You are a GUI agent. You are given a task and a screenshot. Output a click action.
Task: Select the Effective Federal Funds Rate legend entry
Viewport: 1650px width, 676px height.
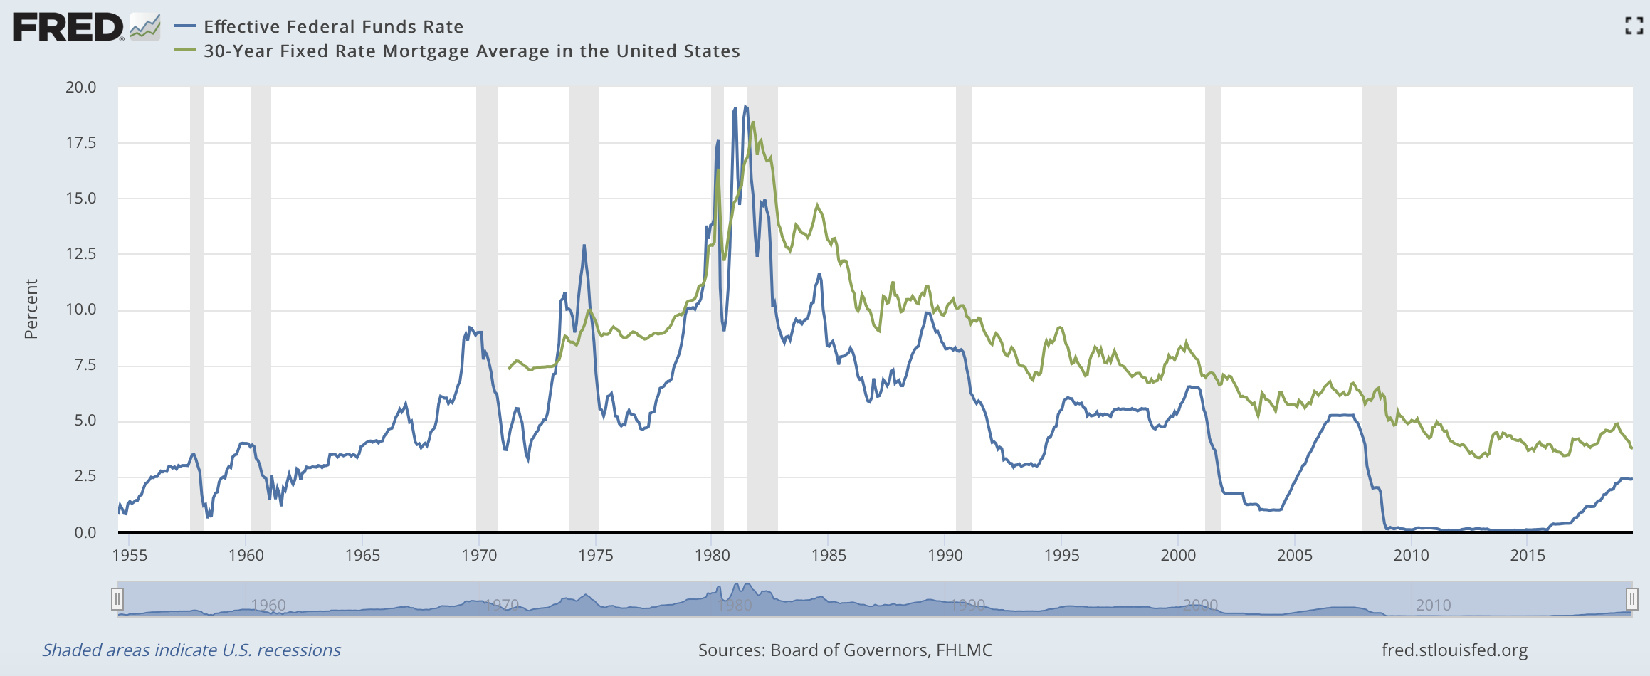[333, 27]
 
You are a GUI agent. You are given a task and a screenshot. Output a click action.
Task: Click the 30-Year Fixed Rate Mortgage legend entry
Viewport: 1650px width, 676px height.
[471, 51]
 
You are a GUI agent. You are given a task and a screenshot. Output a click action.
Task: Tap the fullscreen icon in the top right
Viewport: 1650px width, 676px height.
[1634, 26]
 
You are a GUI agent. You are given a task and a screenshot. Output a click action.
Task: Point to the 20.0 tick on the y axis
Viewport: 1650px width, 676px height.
[80, 88]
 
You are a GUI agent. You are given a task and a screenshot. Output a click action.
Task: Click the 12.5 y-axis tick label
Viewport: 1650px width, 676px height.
[80, 254]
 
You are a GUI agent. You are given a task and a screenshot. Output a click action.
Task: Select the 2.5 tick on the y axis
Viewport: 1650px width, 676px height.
[85, 476]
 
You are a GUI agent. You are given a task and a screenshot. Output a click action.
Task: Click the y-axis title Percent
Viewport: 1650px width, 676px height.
[31, 309]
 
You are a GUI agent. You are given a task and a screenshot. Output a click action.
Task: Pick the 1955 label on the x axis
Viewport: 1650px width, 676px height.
[130, 556]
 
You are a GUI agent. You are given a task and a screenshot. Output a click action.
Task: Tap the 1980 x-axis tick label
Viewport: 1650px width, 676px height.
[712, 556]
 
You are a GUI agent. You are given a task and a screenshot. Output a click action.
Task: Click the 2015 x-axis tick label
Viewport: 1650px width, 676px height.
[1528, 556]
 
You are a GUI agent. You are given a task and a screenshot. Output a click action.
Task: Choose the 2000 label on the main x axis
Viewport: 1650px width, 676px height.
[1178, 556]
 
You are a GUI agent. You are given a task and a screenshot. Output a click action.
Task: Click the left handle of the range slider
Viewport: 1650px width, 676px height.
[117, 598]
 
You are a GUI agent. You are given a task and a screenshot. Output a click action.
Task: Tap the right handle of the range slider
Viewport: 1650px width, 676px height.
[1632, 598]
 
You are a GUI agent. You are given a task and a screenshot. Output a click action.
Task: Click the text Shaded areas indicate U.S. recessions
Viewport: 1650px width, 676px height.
[191, 650]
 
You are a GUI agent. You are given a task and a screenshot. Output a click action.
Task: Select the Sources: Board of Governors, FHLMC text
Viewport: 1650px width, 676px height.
[845, 650]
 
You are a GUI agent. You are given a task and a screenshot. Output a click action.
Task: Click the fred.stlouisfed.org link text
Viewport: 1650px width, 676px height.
[1454, 650]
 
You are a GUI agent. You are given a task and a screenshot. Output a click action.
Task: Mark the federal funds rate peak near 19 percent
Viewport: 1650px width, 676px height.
[745, 107]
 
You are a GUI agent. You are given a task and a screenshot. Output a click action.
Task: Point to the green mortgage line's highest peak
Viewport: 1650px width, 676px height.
[752, 122]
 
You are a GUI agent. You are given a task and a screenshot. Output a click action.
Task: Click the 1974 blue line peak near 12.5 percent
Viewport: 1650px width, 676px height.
[584, 245]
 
